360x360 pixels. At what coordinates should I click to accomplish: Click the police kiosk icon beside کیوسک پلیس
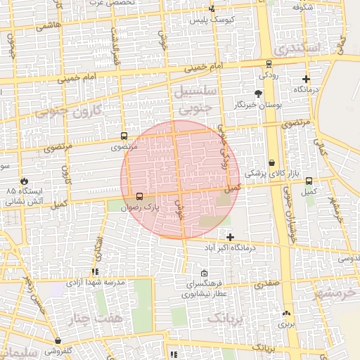[212, 9]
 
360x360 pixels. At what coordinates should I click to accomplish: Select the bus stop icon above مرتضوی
[124, 136]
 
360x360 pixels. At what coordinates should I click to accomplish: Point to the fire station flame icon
[25, 180]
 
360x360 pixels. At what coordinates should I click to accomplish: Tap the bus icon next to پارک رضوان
[139, 197]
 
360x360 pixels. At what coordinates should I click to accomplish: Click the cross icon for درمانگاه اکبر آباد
[230, 237]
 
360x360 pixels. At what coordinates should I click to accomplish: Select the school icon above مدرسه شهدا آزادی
[95, 271]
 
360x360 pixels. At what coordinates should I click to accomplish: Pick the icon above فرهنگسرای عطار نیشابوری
[204, 274]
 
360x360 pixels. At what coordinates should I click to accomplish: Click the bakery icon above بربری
[286, 314]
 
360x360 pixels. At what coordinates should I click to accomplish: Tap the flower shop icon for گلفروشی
[57, 341]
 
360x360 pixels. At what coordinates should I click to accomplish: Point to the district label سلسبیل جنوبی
[195, 99]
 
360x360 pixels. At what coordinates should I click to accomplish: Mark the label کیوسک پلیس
[206, 20]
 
